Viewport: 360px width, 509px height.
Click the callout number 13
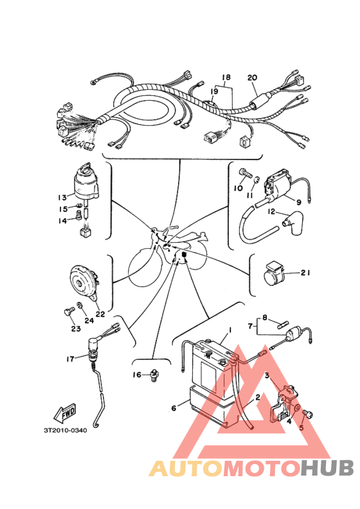click(x=62, y=197)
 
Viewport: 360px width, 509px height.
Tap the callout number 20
click(x=252, y=78)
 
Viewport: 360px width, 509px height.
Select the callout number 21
click(x=305, y=272)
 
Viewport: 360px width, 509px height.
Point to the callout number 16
click(x=137, y=375)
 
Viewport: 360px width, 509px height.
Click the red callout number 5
click(x=301, y=427)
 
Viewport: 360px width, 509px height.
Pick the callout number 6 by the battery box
click(x=174, y=408)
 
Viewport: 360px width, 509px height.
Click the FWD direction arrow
click(x=65, y=413)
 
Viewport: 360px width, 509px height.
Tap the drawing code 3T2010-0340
click(x=66, y=431)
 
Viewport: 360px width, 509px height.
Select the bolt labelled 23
click(x=69, y=312)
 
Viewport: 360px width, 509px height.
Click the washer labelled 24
click(x=79, y=305)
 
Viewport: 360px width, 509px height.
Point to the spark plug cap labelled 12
click(x=291, y=225)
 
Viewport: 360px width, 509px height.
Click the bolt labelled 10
click(x=246, y=172)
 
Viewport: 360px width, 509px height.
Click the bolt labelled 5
click(x=307, y=415)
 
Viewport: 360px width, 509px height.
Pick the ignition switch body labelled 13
click(x=86, y=184)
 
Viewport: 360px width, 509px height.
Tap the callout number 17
click(x=70, y=359)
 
